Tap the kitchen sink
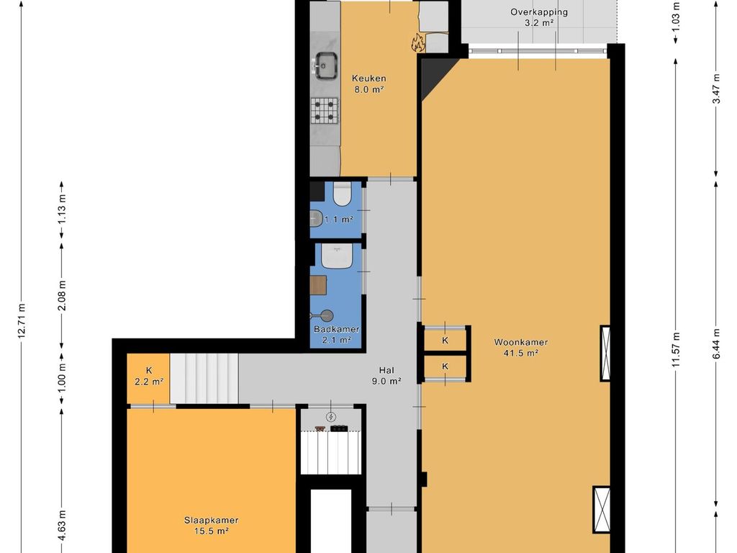click(x=325, y=66)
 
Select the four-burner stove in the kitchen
click(x=325, y=110)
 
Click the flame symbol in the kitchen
click(x=418, y=43)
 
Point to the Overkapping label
click(x=539, y=12)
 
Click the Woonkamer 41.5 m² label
click(x=520, y=348)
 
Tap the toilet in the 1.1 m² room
click(x=342, y=194)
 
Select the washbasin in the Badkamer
click(x=337, y=256)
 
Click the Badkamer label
click(x=337, y=329)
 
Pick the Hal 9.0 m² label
click(x=386, y=376)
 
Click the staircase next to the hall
click(x=204, y=379)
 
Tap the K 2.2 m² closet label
click(x=148, y=376)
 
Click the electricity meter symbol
click(x=331, y=417)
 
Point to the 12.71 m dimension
click(x=21, y=320)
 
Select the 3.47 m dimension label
click(x=716, y=89)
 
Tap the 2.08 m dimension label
click(x=62, y=295)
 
